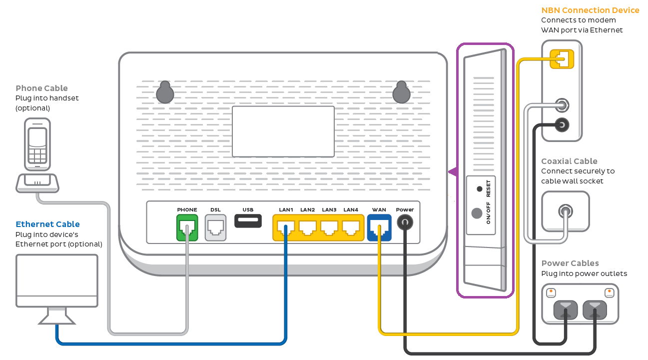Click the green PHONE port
(x=187, y=227)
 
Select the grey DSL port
(x=215, y=227)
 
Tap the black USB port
(x=248, y=220)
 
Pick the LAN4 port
(x=351, y=227)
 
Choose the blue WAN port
(x=379, y=227)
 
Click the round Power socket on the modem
(x=405, y=222)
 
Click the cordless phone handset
(x=37, y=144)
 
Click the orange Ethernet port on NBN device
(x=562, y=59)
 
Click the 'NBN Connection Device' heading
(x=590, y=10)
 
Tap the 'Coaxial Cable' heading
(x=569, y=161)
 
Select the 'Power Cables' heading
(x=570, y=263)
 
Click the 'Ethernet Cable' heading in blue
(x=47, y=224)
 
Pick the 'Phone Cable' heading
(x=41, y=88)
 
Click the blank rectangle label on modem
(x=283, y=131)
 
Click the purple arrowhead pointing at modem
(x=453, y=172)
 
